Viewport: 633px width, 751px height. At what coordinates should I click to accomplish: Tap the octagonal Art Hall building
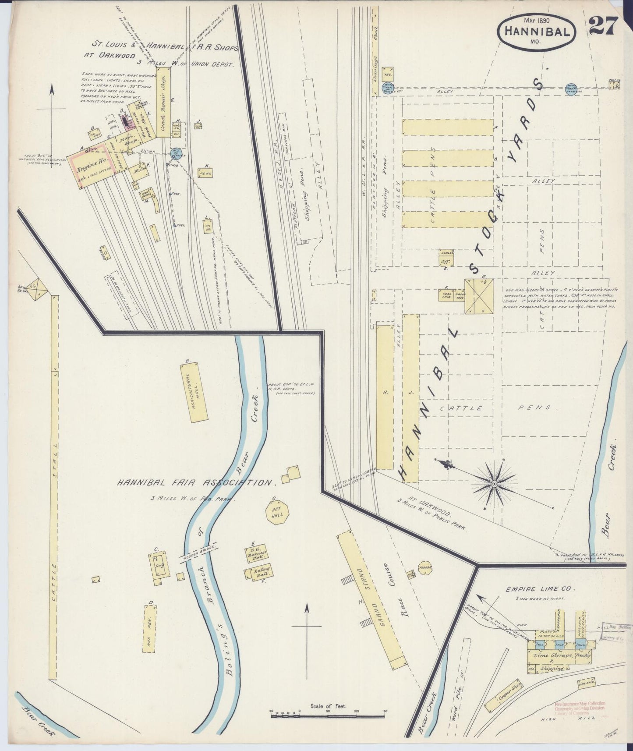[278, 511]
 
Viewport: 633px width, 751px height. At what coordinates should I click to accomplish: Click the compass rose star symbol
[494, 483]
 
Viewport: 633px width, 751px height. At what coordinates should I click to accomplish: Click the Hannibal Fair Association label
[195, 483]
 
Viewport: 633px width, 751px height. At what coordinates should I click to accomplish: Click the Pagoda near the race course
[425, 567]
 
